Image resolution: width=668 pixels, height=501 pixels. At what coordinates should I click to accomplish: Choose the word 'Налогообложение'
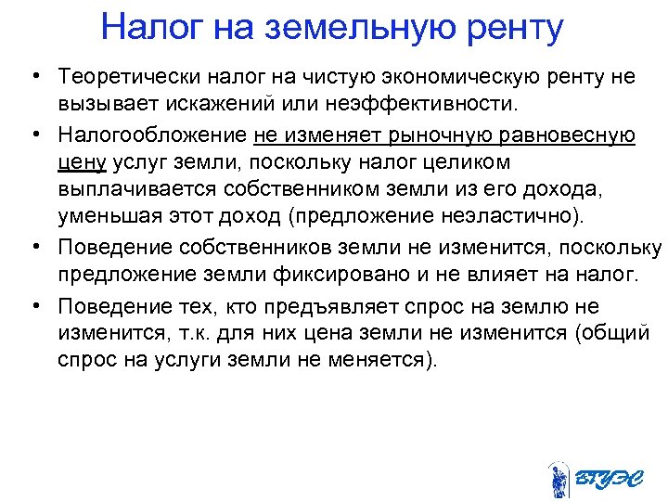(151, 135)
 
